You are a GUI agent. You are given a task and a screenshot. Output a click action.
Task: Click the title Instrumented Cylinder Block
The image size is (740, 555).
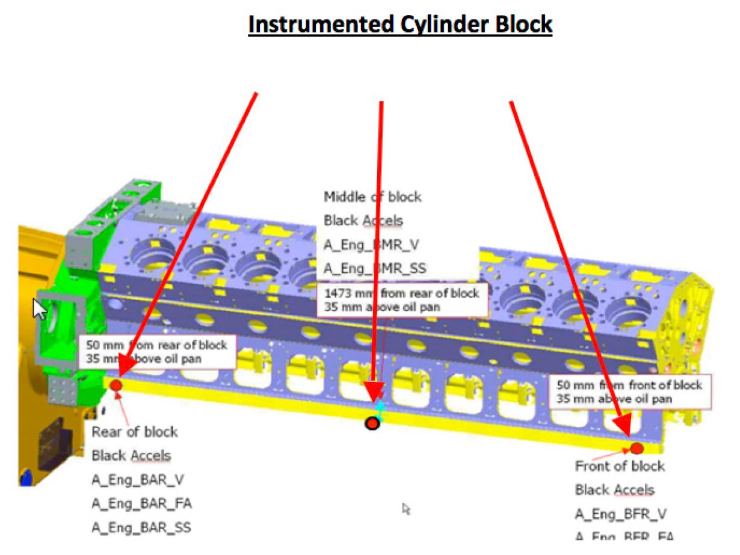point(400,25)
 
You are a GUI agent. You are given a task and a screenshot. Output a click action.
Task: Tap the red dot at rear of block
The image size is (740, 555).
point(116,385)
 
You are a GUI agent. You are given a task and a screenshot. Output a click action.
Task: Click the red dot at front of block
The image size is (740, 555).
point(637,448)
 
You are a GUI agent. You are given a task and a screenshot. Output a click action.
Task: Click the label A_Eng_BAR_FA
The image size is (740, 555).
point(142,503)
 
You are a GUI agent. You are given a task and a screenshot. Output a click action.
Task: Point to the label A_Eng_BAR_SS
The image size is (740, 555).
point(141,527)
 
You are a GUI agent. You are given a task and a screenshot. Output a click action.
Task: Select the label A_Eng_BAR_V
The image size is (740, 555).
point(137,479)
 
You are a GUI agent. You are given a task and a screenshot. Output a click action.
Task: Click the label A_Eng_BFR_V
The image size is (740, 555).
point(621,514)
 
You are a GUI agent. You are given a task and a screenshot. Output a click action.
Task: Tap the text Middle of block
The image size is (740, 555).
point(373,197)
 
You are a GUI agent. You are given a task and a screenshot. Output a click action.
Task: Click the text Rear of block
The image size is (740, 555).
point(135,432)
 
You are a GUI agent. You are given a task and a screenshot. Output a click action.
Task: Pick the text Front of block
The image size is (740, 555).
point(620,466)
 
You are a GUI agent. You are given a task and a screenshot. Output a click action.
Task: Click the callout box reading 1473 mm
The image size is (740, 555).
point(402,299)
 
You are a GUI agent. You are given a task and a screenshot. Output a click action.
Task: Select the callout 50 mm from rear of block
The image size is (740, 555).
point(156,352)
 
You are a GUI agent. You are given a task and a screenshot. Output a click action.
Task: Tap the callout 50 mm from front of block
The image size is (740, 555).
point(629,391)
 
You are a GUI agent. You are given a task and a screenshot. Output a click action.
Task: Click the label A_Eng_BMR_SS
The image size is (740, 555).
point(375,268)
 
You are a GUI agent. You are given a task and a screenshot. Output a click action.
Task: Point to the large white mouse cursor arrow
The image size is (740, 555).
point(39,309)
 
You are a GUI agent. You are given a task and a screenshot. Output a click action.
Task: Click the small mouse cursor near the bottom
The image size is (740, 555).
point(406,509)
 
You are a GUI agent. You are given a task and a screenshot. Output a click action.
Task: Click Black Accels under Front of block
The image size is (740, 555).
point(614,490)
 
